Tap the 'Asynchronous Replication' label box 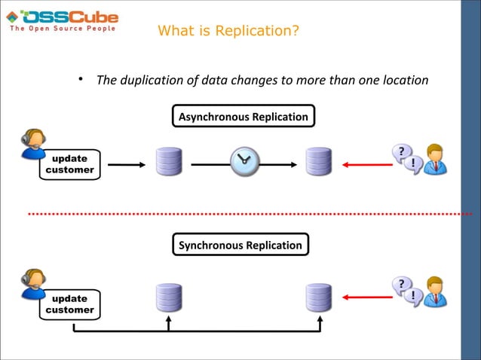pyautogui.click(x=242, y=117)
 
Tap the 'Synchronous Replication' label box pyautogui.click(x=240, y=245)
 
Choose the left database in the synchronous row pyautogui.click(x=169, y=297)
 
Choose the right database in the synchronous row pyautogui.click(x=319, y=297)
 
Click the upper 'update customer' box pyautogui.click(x=69, y=164)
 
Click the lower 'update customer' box pyautogui.click(x=69, y=304)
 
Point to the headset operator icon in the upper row pyautogui.click(x=33, y=144)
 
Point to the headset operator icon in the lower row pyautogui.click(x=33, y=283)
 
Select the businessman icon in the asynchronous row pyautogui.click(x=435, y=159)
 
